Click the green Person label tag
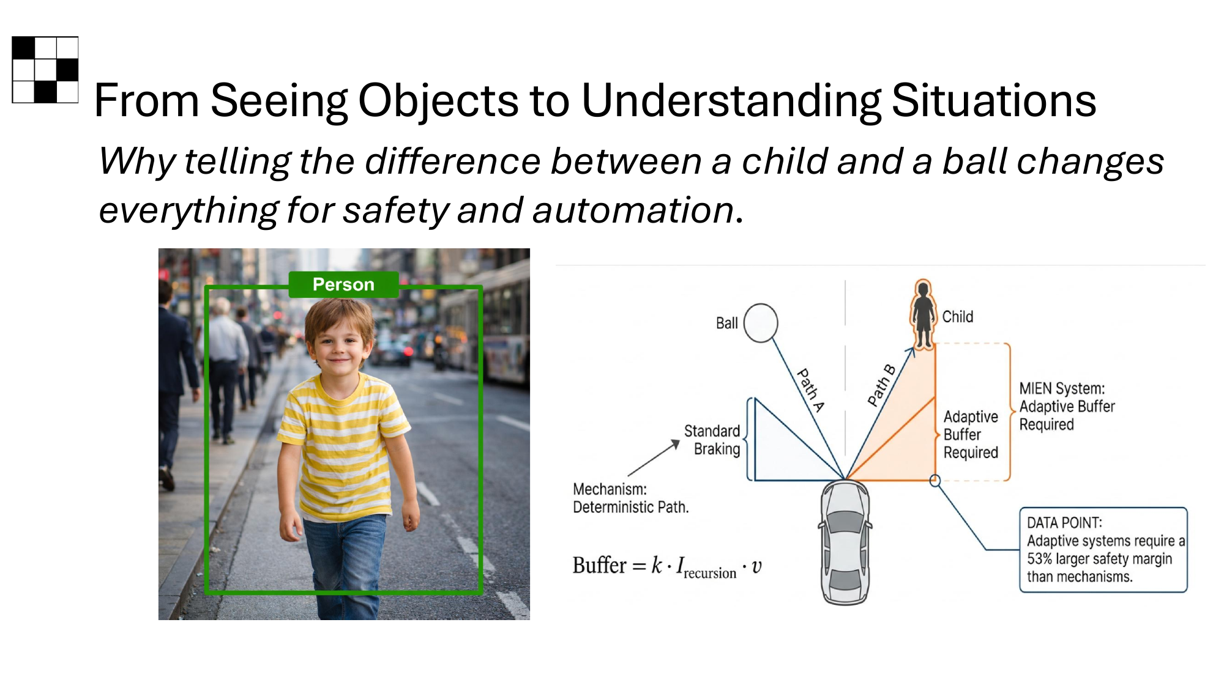(343, 284)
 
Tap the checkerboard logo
(45, 70)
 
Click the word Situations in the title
(993, 100)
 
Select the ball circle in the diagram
(761, 323)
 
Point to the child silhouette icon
(923, 314)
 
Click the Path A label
(810, 390)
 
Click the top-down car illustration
(845, 542)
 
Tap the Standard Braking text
(713, 440)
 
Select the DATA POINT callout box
(1103, 549)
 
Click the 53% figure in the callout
(1039, 559)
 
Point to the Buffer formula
(666, 566)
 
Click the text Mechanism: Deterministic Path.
(630, 498)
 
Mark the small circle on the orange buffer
(935, 481)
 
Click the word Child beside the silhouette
(957, 317)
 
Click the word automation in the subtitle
(633, 210)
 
